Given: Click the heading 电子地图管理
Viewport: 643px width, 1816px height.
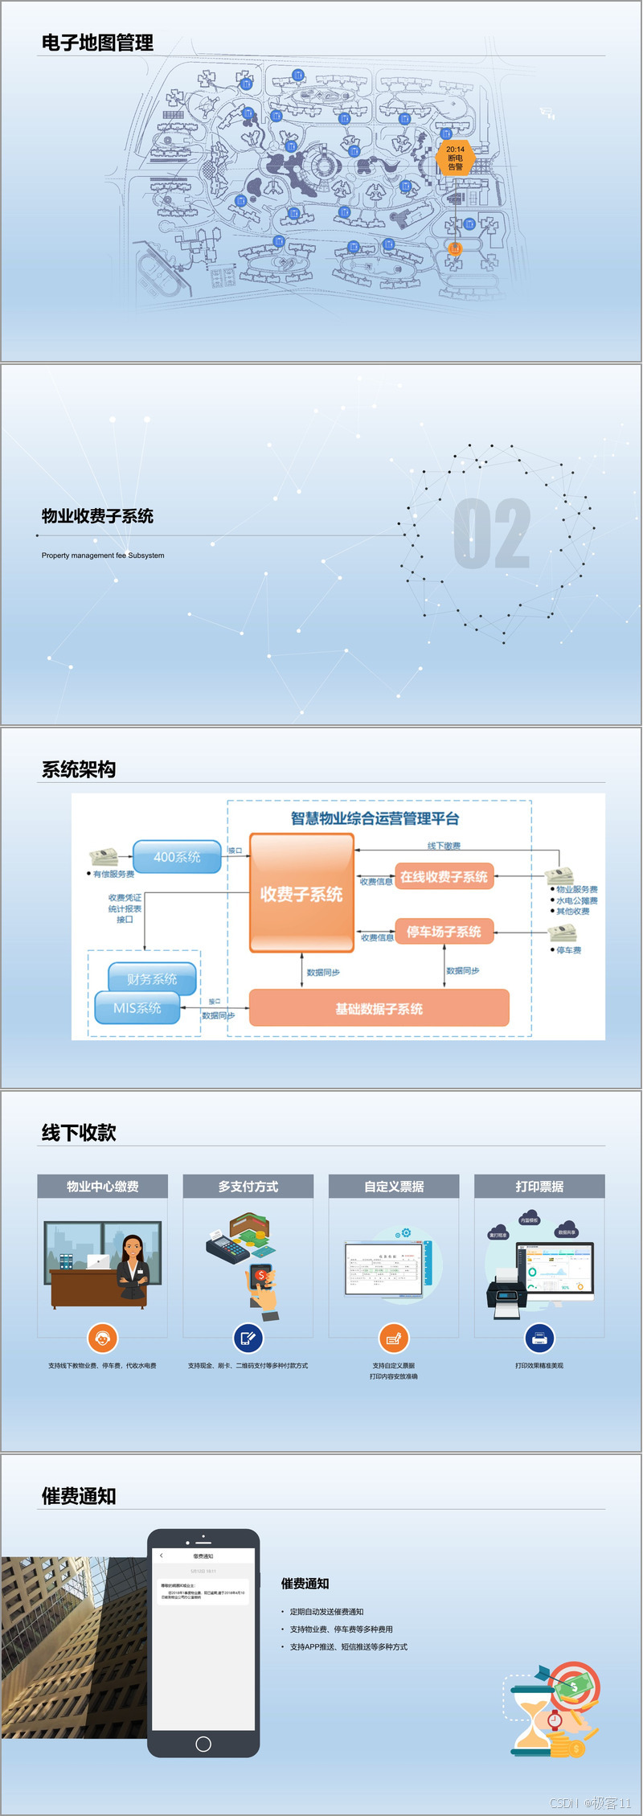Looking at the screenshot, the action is coord(97,43).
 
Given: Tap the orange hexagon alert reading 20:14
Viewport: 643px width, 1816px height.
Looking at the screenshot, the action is coord(455,158).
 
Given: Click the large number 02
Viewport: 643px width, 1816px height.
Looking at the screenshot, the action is coord(492,534).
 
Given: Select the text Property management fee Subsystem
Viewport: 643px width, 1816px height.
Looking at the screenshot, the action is coord(103,555).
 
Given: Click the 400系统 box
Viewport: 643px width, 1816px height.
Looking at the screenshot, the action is coord(177,857).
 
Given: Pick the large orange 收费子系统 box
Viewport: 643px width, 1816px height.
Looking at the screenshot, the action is coord(301,893).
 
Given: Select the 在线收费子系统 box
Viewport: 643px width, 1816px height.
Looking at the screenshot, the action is coord(444,876).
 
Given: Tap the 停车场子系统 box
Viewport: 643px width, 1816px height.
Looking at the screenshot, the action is coord(444,931).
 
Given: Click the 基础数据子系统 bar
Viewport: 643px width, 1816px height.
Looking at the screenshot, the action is coord(379,1008).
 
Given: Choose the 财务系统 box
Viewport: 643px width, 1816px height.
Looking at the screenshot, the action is coord(152,978).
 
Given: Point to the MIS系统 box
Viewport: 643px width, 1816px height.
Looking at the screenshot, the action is coord(137,1007).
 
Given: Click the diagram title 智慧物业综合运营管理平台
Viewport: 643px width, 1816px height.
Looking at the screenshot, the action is coord(375,818).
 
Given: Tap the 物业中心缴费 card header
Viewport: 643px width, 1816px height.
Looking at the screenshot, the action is coord(102,1187).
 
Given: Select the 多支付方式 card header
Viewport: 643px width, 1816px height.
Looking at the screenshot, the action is coord(248,1187).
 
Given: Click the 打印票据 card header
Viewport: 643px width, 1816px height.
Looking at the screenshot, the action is coord(539,1187).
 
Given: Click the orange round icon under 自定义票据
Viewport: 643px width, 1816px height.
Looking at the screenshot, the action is coord(394,1338).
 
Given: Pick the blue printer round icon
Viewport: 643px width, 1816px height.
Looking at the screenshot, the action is coord(539,1338).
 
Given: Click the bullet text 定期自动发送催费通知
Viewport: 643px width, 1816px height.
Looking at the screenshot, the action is coord(326,1611).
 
